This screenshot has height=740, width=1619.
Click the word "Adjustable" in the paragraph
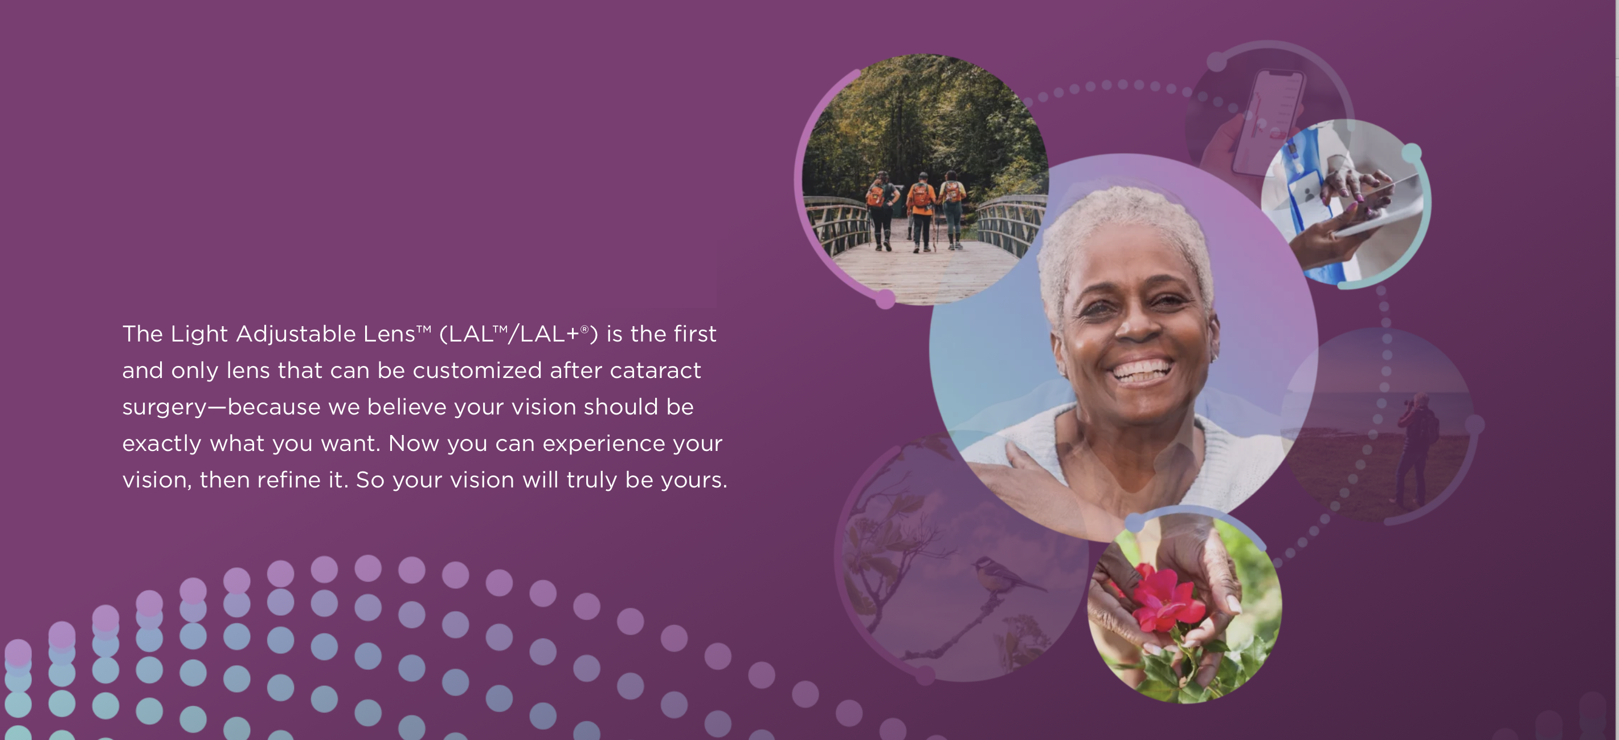pyautogui.click(x=296, y=335)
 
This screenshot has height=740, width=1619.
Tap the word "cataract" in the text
pyautogui.click(x=655, y=371)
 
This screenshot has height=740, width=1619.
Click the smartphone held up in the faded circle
pyautogui.click(x=1268, y=123)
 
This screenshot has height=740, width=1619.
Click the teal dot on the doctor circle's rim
pyautogui.click(x=1412, y=153)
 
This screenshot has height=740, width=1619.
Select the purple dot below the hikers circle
pyautogui.click(x=885, y=299)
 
